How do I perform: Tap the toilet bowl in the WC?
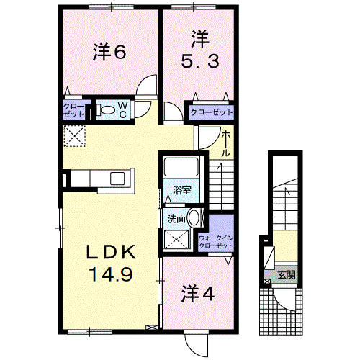[x=106, y=110]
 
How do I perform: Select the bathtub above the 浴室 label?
[x=182, y=167]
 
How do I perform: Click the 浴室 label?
[x=182, y=191]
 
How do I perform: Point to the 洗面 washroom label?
[x=176, y=217]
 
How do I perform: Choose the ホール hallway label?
[x=226, y=143]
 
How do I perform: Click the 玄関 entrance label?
[x=286, y=274]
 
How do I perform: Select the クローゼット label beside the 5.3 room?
[x=212, y=112]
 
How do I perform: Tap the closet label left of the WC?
[x=75, y=110]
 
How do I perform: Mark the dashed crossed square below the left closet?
[x=74, y=135]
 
